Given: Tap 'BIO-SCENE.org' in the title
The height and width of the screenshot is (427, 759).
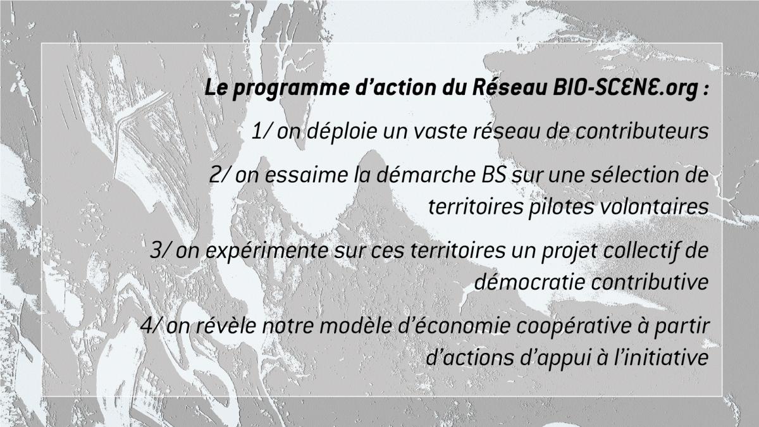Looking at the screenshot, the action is pos(624,88).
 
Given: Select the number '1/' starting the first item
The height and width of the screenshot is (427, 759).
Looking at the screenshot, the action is pos(261,131).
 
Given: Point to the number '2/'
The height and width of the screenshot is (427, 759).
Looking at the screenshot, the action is pos(220,175).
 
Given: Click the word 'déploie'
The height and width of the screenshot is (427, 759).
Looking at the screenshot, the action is pos(343,132).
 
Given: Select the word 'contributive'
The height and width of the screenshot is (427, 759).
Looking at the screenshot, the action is pos(650,282).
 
